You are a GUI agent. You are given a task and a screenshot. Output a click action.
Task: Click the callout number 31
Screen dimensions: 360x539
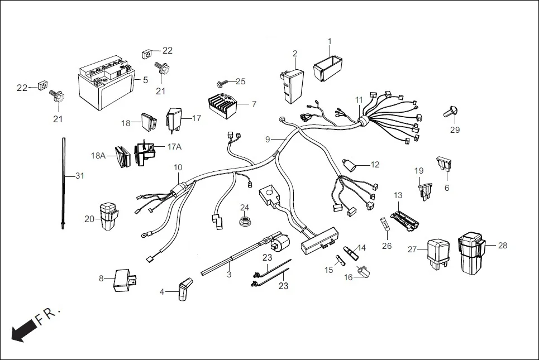[80, 176]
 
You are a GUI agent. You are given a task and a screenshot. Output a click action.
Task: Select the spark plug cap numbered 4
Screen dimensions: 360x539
[183, 291]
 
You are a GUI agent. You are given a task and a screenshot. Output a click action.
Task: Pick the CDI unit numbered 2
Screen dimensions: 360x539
[292, 84]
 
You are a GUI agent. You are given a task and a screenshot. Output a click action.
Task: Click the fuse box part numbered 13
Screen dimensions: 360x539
[406, 219]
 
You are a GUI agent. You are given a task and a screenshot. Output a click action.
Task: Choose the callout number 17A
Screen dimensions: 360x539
[174, 147]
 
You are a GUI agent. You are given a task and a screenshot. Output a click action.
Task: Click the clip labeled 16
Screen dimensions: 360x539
[365, 272]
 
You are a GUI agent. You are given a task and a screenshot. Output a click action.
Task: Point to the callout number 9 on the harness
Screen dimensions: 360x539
[268, 138]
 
